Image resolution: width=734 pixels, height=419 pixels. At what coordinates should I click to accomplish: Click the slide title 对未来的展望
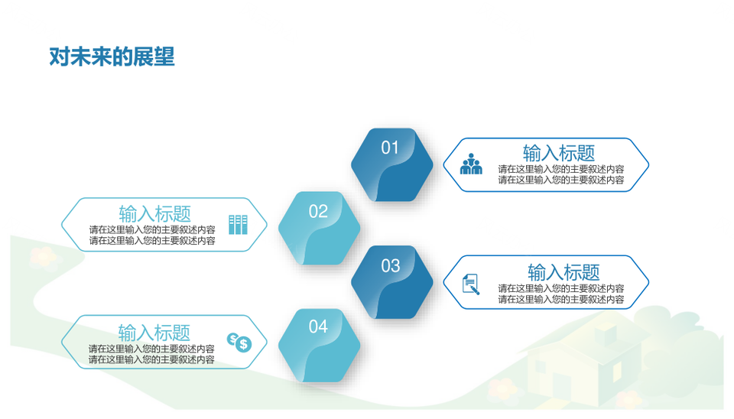pos(112,57)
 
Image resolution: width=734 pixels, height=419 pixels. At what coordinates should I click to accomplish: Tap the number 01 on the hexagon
pos(389,148)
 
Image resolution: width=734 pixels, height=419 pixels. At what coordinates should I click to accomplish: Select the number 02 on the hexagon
pos(318,212)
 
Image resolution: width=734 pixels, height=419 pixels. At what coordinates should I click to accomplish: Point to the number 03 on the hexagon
pos(391,266)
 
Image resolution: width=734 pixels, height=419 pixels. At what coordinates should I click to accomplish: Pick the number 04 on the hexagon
pos(318,326)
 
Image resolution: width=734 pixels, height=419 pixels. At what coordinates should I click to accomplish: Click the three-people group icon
pos(471,164)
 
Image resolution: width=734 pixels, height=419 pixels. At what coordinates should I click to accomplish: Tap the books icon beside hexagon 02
pos(238,225)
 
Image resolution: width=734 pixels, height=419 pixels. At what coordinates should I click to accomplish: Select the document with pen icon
pos(471,284)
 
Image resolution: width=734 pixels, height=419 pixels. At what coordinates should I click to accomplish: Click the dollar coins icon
pos(239,343)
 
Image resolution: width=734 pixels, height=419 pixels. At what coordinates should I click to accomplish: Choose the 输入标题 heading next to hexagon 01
pos(558,153)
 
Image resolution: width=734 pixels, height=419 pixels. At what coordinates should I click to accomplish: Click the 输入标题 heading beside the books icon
pos(155,214)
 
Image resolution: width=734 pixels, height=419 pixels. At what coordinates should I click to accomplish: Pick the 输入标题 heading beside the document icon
pos(563,272)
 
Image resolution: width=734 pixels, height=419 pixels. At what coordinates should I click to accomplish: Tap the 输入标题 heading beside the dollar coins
pos(154,333)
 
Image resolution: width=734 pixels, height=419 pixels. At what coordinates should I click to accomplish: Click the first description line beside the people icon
pos(560,169)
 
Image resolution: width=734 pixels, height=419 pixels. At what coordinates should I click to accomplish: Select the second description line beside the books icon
pos(152,241)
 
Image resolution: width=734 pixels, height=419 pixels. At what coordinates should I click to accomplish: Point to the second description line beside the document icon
pos(560,299)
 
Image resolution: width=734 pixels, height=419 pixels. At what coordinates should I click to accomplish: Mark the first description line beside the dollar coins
pos(151,349)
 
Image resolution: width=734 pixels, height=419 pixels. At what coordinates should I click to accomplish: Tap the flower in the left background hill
pos(44,257)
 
